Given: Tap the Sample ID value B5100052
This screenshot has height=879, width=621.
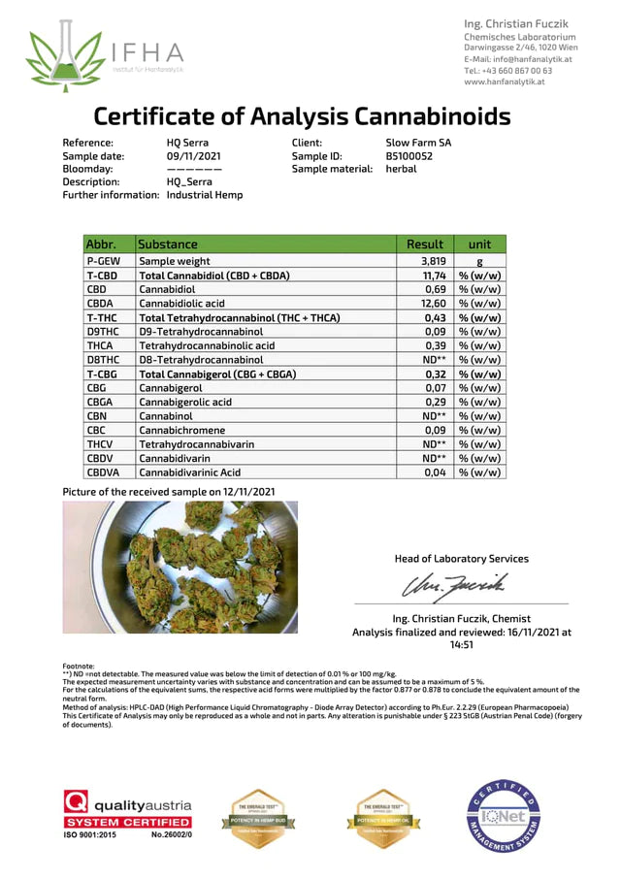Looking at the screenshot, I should (409, 155).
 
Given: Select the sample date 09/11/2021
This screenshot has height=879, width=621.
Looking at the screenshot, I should (193, 155).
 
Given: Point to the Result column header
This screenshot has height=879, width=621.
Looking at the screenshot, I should (425, 244).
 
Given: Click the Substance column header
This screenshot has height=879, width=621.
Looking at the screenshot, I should (168, 244).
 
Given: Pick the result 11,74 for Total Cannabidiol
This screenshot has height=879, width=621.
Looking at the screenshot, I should (432, 276).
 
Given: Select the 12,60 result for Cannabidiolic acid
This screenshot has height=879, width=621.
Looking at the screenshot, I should (432, 304).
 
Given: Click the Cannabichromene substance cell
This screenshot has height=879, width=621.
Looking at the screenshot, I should (181, 430).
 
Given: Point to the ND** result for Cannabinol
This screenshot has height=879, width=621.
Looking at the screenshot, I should (433, 415).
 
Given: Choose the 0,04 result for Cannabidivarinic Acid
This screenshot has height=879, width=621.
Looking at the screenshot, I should (434, 472).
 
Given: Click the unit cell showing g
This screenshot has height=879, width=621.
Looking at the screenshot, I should (479, 262).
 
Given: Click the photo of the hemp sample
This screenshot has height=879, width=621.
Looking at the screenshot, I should (180, 568).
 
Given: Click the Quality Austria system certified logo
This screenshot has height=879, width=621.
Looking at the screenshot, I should (127, 814).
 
